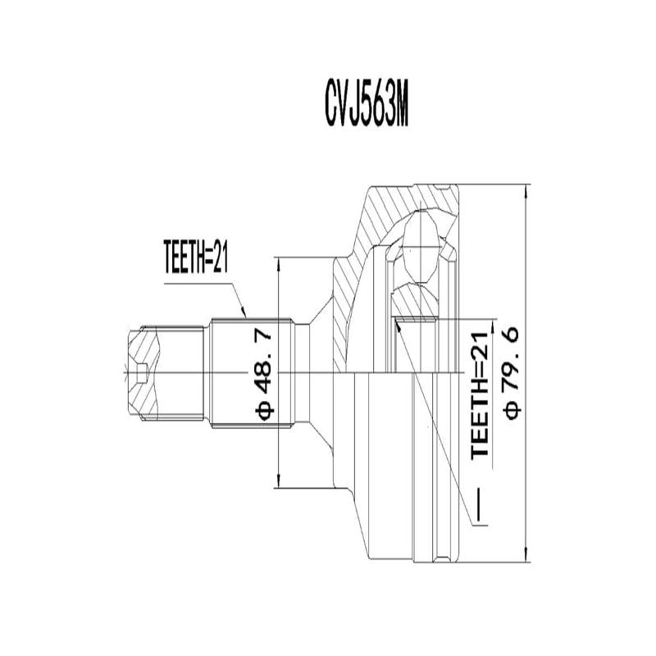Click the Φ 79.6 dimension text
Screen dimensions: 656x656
[513, 374]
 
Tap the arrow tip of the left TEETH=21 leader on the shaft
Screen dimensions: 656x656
[244, 316]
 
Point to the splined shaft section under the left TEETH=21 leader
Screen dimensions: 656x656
[250, 373]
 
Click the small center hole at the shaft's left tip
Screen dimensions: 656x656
[142, 374]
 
